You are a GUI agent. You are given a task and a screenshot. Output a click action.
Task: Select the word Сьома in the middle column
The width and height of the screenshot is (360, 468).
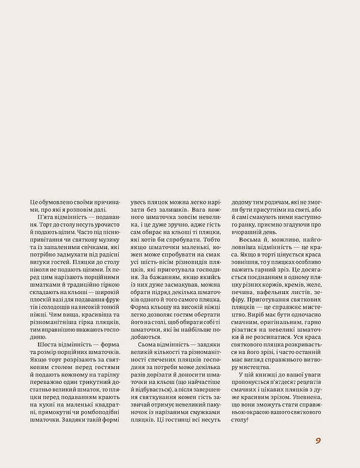[150, 360]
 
